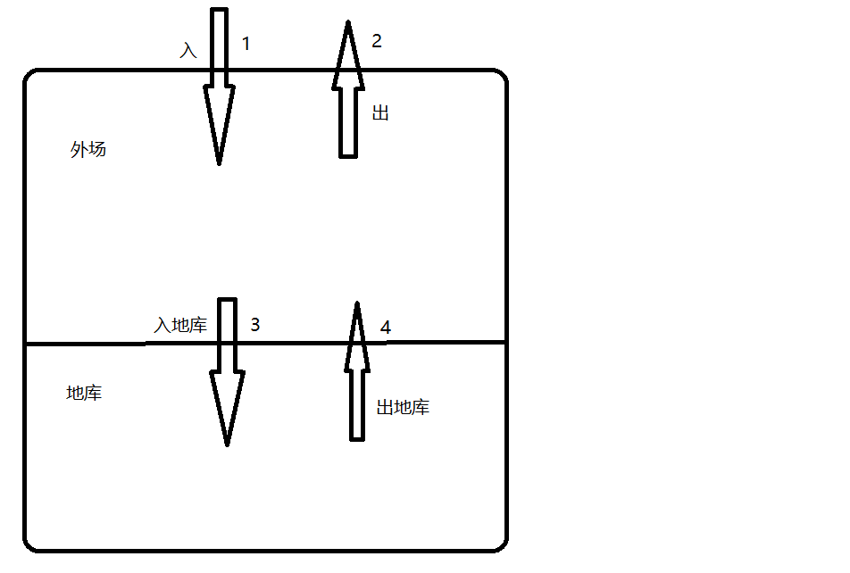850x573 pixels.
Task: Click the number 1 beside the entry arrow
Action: [246, 44]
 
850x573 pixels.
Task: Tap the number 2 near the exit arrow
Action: [377, 41]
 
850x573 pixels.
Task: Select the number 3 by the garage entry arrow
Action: [255, 324]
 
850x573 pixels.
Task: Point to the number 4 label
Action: [386, 328]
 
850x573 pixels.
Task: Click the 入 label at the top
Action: [188, 51]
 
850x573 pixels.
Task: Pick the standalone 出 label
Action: [380, 112]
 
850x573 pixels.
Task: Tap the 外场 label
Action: [87, 149]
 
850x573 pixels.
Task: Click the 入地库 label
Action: [180, 325]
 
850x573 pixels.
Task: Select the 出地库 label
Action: [403, 407]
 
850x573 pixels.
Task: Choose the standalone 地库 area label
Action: [84, 393]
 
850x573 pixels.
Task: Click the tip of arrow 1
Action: [219, 164]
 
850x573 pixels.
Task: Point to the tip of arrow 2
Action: [348, 21]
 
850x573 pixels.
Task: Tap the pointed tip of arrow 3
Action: [227, 445]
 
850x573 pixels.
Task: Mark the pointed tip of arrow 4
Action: [357, 303]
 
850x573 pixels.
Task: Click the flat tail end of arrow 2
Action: [348, 157]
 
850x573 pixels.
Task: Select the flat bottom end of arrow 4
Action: [357, 440]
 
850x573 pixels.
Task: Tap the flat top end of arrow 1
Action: [219, 9]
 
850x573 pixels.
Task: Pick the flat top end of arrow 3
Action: [227, 299]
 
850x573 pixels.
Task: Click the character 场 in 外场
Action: [97, 149]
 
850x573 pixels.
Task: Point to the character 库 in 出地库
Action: [421, 407]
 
